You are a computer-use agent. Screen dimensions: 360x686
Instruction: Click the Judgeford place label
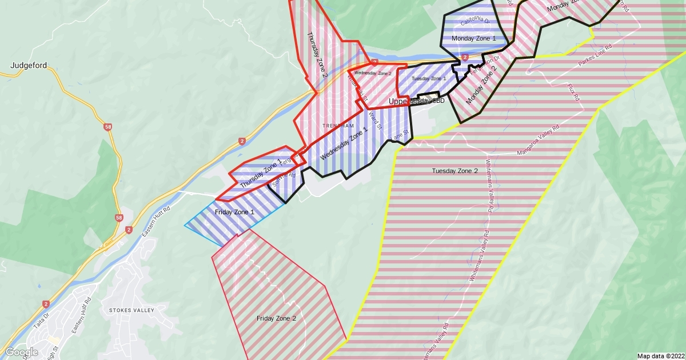point(29,66)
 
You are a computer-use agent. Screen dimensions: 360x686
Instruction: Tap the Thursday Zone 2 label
point(318,54)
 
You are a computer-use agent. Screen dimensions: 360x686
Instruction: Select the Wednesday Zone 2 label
point(372,73)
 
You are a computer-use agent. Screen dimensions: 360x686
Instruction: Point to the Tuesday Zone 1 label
point(429,78)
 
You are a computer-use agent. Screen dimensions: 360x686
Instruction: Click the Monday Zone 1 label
point(473,38)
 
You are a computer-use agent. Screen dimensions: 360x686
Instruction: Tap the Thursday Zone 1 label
point(261,174)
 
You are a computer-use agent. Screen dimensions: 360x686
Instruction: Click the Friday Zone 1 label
point(234,213)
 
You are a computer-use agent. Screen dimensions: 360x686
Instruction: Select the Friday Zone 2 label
point(276,318)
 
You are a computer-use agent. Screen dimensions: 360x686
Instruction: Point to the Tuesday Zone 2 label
point(454,171)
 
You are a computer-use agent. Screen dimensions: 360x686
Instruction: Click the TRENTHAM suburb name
point(334,125)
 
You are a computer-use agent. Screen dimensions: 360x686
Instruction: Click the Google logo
point(22,352)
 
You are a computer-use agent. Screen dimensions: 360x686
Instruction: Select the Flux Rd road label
point(573,92)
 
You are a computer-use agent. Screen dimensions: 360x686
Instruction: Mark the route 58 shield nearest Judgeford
point(107,126)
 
